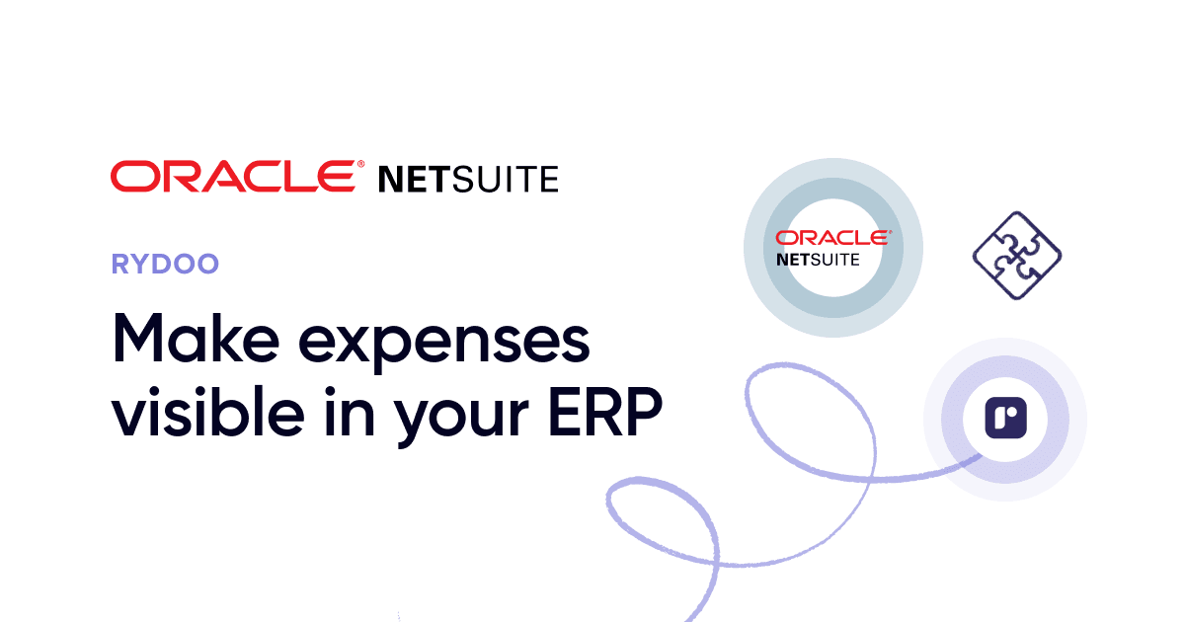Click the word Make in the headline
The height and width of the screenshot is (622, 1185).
point(196,339)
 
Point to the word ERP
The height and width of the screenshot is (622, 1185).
point(605,412)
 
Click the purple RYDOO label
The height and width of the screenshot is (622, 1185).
point(165,264)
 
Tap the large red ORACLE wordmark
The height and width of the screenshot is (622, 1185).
point(233,176)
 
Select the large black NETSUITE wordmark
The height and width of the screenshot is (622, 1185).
point(468,180)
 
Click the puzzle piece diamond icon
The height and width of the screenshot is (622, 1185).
point(1017,256)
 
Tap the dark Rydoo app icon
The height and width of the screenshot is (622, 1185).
point(1005,419)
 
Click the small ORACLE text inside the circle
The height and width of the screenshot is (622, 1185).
point(832,238)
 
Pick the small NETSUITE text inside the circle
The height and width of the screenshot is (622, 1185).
point(818,260)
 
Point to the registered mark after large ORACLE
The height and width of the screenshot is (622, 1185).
point(360,165)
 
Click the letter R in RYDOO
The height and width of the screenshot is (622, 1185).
point(120,264)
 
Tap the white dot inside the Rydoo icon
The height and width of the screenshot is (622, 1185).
point(1013,411)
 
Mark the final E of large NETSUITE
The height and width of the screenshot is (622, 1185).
point(550,180)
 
